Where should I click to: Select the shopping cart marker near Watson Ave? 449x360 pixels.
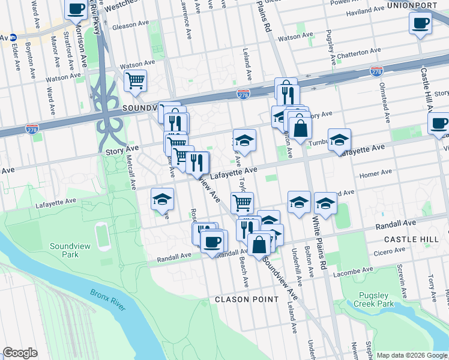tap(136, 80)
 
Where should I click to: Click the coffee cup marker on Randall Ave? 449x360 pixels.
tap(211, 243)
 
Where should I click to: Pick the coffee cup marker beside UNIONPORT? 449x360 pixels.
tap(420, 23)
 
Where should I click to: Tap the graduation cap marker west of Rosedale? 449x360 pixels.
tap(162, 199)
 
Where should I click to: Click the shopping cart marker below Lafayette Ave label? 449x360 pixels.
tap(242, 203)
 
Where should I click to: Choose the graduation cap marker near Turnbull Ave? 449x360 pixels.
tap(339, 140)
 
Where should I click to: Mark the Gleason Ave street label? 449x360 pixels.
tap(130, 25)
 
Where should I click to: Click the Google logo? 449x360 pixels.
tap(20, 353)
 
